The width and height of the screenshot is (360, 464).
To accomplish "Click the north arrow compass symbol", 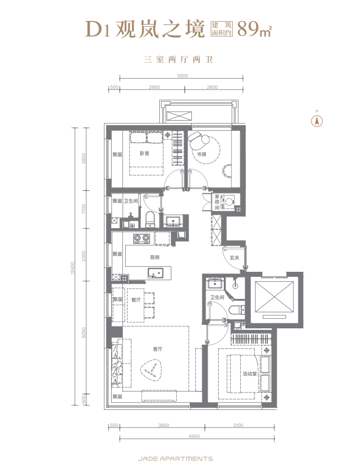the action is [x=317, y=121].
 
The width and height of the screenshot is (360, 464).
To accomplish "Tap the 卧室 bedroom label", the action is [x=145, y=154].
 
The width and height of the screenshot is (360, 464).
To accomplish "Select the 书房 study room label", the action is [x=202, y=154].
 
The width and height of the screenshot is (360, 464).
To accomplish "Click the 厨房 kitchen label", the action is [x=155, y=257].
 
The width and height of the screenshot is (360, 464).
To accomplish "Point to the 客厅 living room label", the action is [x=158, y=349].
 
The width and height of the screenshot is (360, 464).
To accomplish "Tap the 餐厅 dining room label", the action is [x=136, y=300].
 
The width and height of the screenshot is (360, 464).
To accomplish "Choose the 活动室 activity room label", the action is [x=249, y=374].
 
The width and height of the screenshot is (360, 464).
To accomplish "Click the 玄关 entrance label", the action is [x=234, y=258].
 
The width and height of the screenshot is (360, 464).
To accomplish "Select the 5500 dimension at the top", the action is [x=183, y=76].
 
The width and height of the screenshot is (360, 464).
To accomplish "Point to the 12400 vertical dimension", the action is [x=73, y=267].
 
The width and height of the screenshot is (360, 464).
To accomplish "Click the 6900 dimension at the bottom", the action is [x=194, y=436].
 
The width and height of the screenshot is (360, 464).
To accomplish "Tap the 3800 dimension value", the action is [x=163, y=425].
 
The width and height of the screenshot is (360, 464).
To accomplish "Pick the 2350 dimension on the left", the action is [x=84, y=256].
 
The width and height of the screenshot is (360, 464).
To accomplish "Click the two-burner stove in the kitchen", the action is [x=141, y=239].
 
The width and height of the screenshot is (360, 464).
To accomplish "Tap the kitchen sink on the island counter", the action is [x=155, y=273].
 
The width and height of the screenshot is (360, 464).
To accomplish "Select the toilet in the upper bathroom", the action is [x=150, y=219].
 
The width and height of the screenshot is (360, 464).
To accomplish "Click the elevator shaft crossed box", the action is [x=274, y=296].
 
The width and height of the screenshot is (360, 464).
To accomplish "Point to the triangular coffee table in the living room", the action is [x=153, y=370].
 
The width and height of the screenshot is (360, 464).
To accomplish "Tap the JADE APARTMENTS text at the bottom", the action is [x=175, y=458].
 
